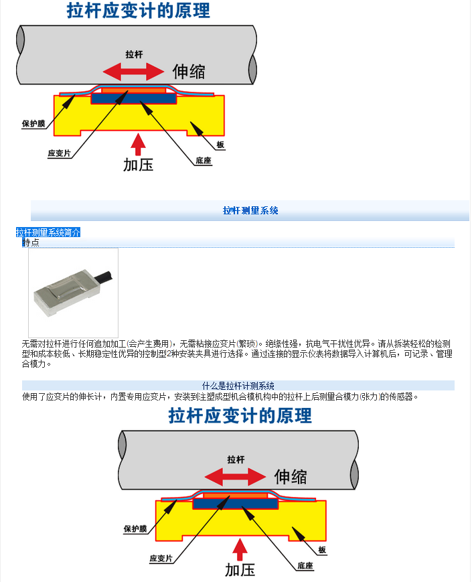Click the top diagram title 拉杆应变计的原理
click(139, 11)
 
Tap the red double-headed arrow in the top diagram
click(134, 71)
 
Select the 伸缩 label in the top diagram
click(189, 71)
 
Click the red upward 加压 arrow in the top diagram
click(138, 144)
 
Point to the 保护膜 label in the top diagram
click(33, 124)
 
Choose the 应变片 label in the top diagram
click(59, 153)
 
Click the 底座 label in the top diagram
click(204, 160)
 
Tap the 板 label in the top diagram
click(220, 145)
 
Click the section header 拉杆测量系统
click(250, 210)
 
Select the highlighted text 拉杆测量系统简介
click(48, 232)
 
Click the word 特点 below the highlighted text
click(31, 242)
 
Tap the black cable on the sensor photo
click(104, 277)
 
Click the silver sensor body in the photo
click(67, 293)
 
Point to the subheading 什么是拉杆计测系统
click(238, 386)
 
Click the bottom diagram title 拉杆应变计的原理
click(240, 415)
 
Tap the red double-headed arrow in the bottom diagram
click(235, 477)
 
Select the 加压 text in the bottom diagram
click(240, 570)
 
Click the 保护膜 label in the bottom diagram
click(135, 528)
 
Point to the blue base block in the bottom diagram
click(235, 504)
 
